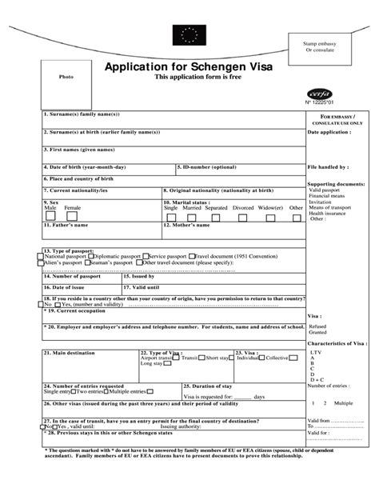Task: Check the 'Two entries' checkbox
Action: [x=74, y=391]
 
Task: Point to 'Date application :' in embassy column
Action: [x=329, y=131]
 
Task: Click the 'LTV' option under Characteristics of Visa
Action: [x=316, y=352]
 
